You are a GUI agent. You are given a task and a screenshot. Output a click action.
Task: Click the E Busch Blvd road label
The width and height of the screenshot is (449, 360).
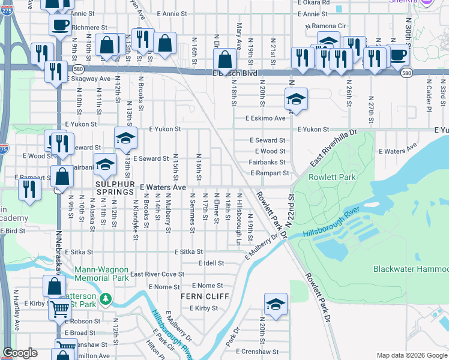coord(238,73)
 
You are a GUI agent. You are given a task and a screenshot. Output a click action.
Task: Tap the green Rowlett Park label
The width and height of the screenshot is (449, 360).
coord(332,177)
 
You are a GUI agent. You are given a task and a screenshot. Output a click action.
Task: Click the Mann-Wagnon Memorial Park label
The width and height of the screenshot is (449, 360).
coord(102,274)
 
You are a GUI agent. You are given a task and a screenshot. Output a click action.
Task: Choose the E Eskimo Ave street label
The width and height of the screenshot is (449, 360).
coord(265,118)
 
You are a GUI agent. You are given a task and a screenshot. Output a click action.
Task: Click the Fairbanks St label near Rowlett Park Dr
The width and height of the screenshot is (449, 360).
coord(267,162)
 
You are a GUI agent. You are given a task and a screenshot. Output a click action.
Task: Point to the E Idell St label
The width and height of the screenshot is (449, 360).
coord(211,263)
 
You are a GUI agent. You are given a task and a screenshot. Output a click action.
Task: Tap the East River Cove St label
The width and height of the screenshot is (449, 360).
coord(157,274)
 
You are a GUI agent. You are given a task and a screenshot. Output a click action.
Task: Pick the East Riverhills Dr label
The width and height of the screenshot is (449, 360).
coord(333,147)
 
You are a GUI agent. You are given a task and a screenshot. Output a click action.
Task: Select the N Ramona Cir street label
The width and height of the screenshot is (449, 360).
coord(325,27)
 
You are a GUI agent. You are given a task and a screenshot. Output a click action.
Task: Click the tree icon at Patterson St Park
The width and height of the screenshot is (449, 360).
coord(106,298)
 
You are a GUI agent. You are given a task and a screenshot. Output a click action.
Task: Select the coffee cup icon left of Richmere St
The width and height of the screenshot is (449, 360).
coord(59,25)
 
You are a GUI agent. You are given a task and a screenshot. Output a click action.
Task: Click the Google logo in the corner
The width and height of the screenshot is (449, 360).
coord(20,353)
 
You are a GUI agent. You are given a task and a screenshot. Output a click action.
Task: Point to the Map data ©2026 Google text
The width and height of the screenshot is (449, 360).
coord(411,355)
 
